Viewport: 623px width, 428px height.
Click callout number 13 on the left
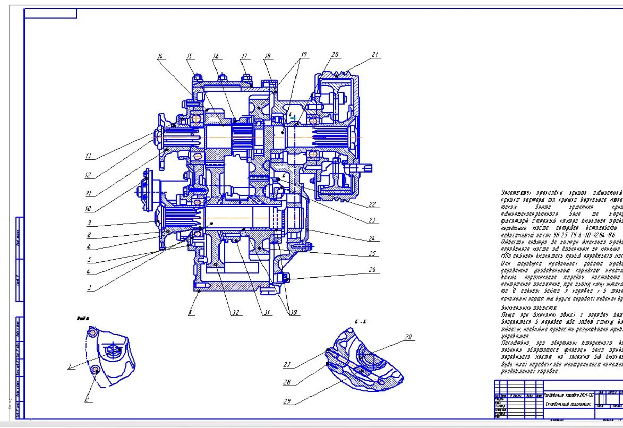tap(88, 157)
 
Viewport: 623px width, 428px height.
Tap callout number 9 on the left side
tap(89, 222)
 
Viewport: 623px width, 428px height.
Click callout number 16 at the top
tap(216, 56)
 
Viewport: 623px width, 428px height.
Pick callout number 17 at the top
tap(244, 56)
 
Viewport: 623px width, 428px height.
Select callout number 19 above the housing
tap(303, 55)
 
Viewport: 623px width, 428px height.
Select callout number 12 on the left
tap(88, 175)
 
